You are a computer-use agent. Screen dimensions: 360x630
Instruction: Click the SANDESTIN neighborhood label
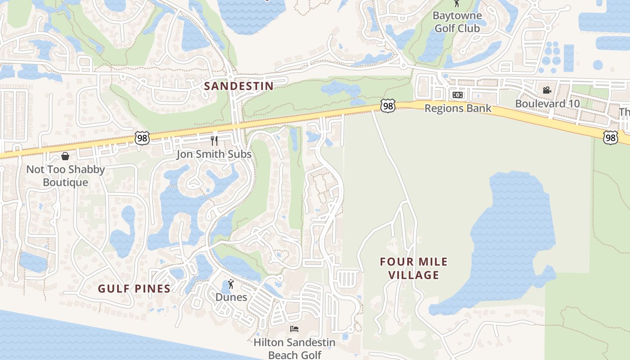(238, 86)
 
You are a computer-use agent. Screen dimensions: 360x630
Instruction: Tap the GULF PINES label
(135, 289)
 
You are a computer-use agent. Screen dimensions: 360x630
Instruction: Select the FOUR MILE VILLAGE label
(414, 268)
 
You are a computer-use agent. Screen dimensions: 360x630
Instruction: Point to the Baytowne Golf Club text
(457, 22)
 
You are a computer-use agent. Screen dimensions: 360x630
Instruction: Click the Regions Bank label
(458, 109)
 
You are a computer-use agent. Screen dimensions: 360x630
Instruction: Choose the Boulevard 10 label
(547, 103)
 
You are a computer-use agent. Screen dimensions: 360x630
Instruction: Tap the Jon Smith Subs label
(214, 154)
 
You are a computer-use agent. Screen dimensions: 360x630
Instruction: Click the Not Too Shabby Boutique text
(65, 176)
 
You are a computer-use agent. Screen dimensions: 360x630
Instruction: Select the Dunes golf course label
(231, 297)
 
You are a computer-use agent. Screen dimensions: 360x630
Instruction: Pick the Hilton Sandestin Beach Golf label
(294, 348)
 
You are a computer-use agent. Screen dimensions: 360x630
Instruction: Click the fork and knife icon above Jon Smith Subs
(214, 141)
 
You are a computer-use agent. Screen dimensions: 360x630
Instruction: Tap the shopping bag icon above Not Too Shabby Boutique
(65, 156)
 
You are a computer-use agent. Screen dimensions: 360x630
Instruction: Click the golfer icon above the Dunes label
(231, 284)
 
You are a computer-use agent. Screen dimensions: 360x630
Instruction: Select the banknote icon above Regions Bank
(458, 95)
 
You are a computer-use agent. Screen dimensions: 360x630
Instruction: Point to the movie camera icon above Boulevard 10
(547, 90)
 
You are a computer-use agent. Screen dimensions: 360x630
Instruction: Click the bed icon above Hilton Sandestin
(294, 329)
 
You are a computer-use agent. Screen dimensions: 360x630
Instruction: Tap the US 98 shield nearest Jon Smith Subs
(142, 138)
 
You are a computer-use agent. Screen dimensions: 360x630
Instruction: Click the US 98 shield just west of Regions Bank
(387, 106)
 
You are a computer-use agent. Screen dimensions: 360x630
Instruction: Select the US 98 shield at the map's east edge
(611, 137)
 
